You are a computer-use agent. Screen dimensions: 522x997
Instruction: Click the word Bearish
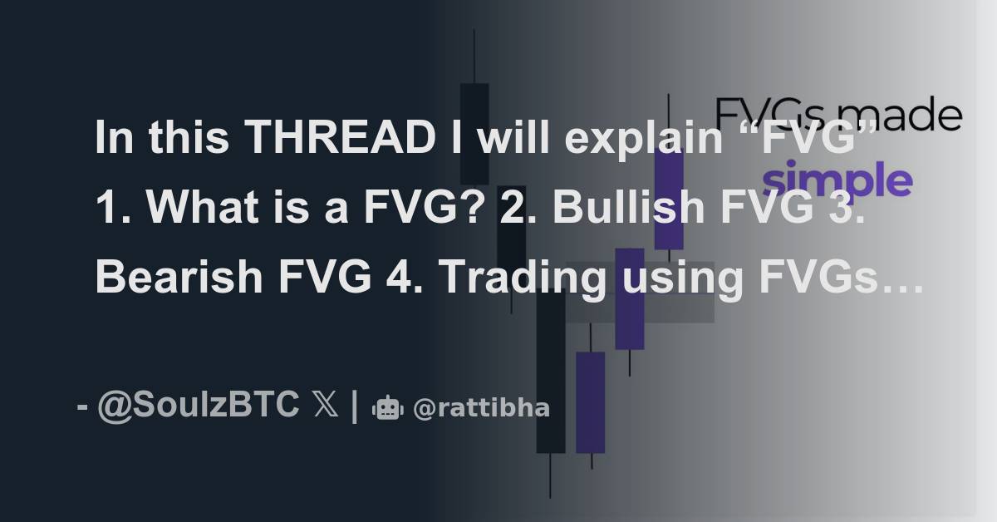tap(172, 278)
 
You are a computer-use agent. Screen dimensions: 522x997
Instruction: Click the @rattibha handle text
tap(481, 408)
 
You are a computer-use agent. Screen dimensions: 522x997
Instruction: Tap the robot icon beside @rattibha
tap(388, 408)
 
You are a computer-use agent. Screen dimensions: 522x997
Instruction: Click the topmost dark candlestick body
tap(474, 133)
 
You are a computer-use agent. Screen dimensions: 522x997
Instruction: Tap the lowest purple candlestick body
tap(590, 402)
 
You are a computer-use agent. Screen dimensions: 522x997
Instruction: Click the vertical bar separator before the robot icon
tap(355, 406)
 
